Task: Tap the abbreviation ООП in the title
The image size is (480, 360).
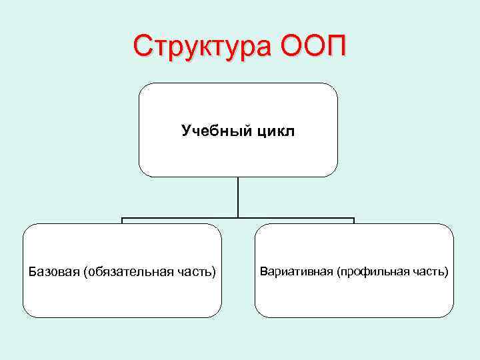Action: point(314,47)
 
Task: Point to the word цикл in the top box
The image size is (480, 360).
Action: point(273,131)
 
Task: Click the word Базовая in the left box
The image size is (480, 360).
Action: point(54,272)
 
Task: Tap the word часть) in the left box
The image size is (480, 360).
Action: point(199,272)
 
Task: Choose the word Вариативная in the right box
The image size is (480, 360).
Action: point(297,272)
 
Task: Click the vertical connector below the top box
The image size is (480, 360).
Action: point(238,197)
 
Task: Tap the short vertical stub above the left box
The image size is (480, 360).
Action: point(122,221)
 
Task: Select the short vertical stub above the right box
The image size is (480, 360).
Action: point(354,221)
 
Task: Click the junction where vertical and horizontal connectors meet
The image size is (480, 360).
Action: point(238,218)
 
